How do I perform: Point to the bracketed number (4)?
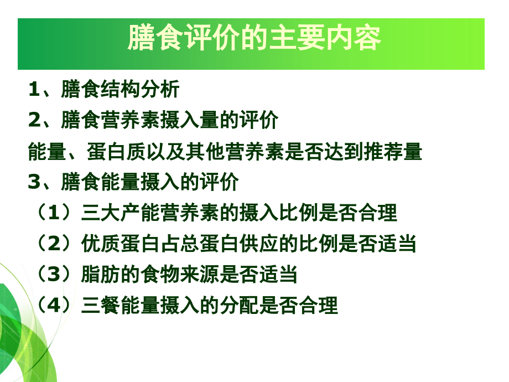pyautogui.click(x=54, y=305)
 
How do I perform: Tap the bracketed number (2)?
pyautogui.click(x=54, y=243)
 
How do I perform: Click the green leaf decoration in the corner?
pyautogui.click(x=22, y=332)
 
